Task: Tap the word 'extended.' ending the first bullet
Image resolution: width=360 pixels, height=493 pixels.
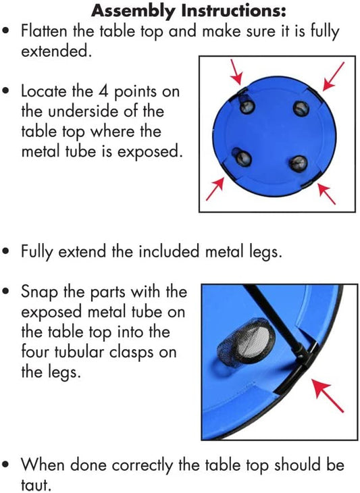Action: [x=56, y=51]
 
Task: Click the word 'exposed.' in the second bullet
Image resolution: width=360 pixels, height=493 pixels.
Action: [x=150, y=152]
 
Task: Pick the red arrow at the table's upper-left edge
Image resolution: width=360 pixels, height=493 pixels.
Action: [x=236, y=72]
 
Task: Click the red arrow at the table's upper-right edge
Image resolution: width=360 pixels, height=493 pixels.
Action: [x=334, y=76]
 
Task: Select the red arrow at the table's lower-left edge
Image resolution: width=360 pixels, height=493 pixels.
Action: [x=215, y=188]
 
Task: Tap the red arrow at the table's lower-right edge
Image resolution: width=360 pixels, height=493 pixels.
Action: [x=327, y=194]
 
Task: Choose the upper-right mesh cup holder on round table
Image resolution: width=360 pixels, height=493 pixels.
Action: [x=301, y=109]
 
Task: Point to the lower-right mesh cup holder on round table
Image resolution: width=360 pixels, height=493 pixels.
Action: [x=298, y=163]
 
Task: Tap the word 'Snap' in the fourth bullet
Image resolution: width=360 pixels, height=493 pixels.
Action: [x=40, y=292]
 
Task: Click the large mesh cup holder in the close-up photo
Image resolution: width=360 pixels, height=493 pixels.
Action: [x=246, y=342]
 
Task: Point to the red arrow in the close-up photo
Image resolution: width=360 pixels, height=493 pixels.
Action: [x=327, y=395]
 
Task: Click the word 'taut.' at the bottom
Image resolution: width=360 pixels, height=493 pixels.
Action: [x=36, y=484]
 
